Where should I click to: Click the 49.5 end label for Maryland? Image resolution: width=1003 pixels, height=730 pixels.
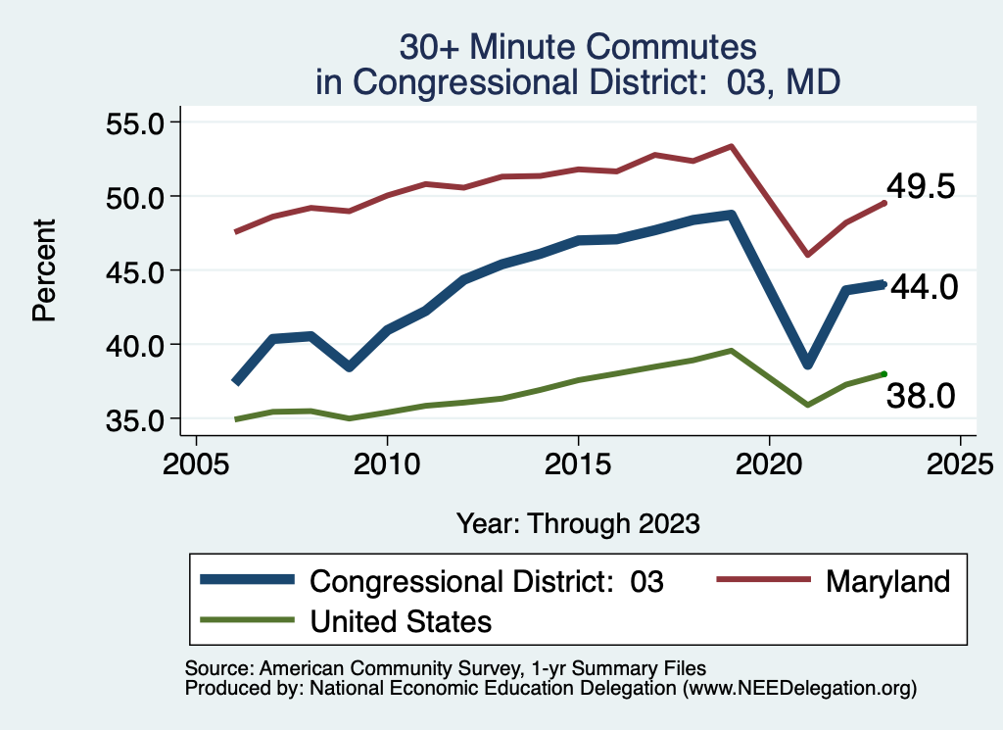(920, 186)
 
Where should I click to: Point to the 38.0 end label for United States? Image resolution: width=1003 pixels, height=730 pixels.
(920, 396)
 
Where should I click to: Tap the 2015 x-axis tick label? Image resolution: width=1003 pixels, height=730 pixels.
(578, 462)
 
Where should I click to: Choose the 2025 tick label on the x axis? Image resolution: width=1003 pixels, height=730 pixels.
(960, 462)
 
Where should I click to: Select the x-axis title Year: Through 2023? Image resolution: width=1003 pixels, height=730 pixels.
(578, 522)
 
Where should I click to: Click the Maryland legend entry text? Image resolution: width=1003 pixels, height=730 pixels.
(887, 581)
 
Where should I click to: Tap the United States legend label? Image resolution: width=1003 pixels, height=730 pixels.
(401, 620)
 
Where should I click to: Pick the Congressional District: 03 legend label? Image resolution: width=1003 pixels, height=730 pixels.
(487, 581)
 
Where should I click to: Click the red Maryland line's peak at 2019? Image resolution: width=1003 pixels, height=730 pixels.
(731, 146)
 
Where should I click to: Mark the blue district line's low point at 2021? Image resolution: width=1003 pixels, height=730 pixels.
(808, 364)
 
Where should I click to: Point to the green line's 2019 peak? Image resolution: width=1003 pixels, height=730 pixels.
(731, 350)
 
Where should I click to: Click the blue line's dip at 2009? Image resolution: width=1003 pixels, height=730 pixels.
(349, 366)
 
